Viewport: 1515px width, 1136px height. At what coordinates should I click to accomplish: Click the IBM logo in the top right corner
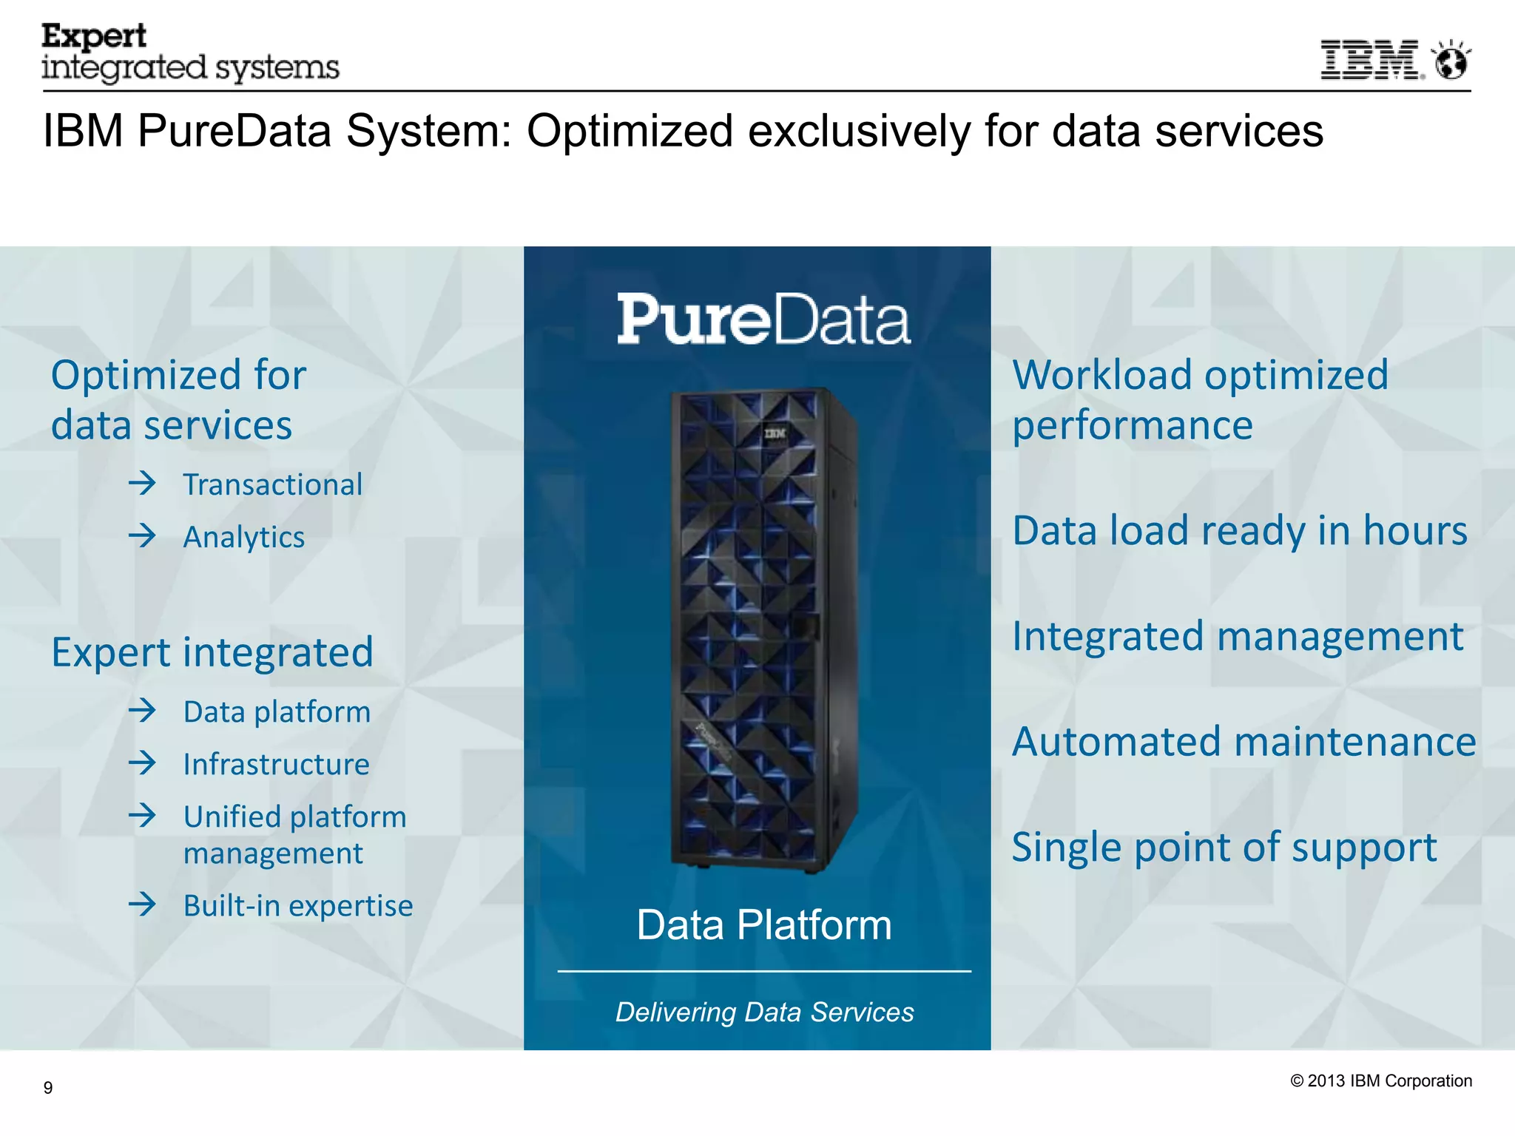pyautogui.click(x=1371, y=60)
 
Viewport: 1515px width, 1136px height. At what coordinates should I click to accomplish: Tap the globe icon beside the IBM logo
pyautogui.click(x=1451, y=61)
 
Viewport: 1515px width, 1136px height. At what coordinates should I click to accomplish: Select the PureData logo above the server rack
pyautogui.click(x=763, y=319)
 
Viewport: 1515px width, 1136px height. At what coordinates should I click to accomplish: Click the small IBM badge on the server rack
pyautogui.click(x=775, y=433)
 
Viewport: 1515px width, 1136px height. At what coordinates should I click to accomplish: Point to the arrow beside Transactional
pyautogui.click(x=143, y=484)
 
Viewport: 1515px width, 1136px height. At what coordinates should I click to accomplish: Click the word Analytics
pyautogui.click(x=243, y=538)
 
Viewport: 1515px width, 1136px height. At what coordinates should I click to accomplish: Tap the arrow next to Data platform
pyautogui.click(x=143, y=711)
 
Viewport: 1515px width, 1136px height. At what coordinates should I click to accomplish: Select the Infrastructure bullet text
pyautogui.click(x=276, y=764)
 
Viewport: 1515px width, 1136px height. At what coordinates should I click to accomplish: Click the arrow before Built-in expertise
pyautogui.click(x=143, y=904)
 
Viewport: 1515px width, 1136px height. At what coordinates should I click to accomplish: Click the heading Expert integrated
pyautogui.click(x=212, y=652)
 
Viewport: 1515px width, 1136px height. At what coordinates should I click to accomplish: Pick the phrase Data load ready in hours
pyautogui.click(x=1239, y=531)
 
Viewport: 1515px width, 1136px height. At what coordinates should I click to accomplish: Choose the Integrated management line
pyautogui.click(x=1237, y=637)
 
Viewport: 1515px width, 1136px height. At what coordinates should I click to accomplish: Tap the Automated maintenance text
pyautogui.click(x=1244, y=742)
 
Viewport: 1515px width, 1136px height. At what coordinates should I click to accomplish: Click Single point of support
pyautogui.click(x=1224, y=848)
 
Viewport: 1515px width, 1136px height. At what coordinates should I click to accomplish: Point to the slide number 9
pyautogui.click(x=48, y=1087)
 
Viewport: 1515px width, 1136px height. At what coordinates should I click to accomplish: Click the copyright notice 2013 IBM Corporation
pyautogui.click(x=1380, y=1081)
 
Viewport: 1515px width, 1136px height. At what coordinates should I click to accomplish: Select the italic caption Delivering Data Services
pyautogui.click(x=764, y=1012)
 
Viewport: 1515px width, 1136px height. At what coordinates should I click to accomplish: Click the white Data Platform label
pyautogui.click(x=764, y=925)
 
